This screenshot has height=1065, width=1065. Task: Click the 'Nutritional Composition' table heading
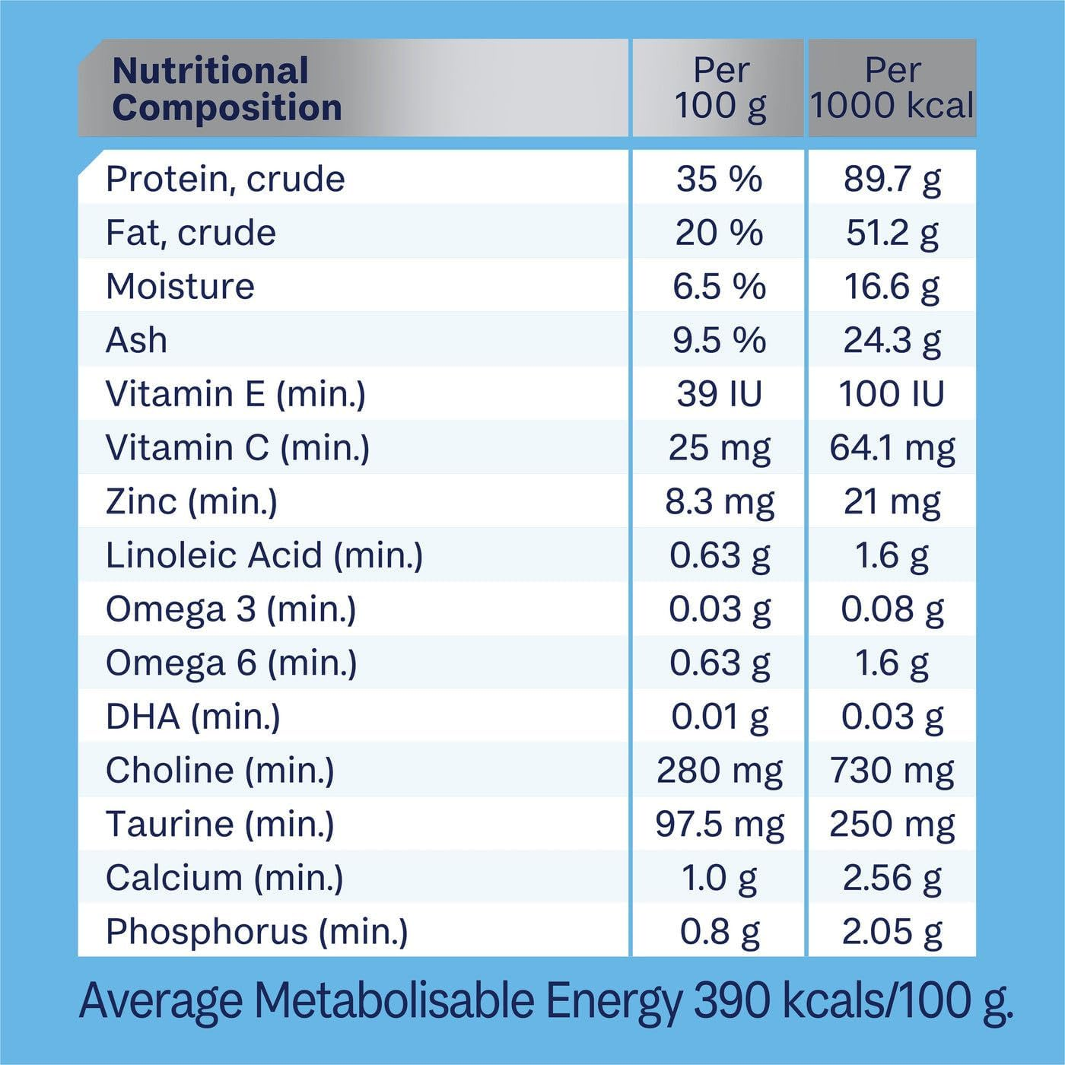(227, 89)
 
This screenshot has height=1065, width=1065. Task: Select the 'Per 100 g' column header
(720, 88)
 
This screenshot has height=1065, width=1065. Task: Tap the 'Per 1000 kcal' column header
(892, 88)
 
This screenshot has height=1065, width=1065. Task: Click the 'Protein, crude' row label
(225, 180)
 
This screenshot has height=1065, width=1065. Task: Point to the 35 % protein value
(719, 180)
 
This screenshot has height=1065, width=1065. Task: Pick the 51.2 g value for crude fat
(892, 233)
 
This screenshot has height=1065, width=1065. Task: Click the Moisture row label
(180, 287)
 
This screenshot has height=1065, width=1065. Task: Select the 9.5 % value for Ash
(719, 340)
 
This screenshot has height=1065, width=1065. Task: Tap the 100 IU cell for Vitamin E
(892, 394)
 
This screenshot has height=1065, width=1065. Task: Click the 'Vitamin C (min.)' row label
(237, 448)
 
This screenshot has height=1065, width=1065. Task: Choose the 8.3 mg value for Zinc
(719, 502)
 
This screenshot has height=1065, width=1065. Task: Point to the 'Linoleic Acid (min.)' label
(264, 555)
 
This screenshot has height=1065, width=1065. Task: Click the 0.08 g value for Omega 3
(892, 609)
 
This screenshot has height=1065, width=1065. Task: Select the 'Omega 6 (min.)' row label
(231, 663)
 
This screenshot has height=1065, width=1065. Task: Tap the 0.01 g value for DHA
(719, 717)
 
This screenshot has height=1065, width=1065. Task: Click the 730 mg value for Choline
(892, 771)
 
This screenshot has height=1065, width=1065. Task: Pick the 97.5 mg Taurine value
(719, 825)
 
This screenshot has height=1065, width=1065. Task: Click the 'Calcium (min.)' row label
(224, 878)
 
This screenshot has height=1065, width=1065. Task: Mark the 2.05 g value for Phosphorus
(892, 932)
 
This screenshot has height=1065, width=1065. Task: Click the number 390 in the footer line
(733, 1000)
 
